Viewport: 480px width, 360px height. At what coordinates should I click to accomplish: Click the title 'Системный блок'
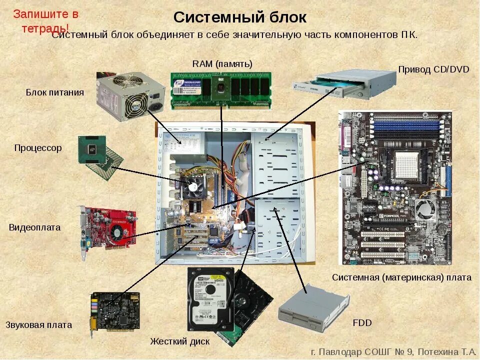239,17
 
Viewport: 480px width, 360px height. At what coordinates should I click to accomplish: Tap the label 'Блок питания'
55,92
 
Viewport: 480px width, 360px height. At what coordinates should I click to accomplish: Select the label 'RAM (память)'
222,63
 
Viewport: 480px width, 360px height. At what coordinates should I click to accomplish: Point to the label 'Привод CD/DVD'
433,69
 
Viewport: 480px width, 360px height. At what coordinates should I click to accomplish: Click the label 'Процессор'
38,148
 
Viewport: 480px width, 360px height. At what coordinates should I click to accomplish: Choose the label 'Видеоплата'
34,227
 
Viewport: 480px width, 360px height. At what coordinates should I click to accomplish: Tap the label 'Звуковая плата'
39,324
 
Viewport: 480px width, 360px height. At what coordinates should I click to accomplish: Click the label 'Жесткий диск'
180,341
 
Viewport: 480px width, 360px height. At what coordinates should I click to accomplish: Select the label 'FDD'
362,323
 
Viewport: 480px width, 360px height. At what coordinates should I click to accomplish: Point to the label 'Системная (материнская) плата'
401,277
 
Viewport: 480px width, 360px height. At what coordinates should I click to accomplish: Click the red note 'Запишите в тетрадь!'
45,20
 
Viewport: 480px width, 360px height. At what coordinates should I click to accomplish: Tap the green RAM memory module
221,90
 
